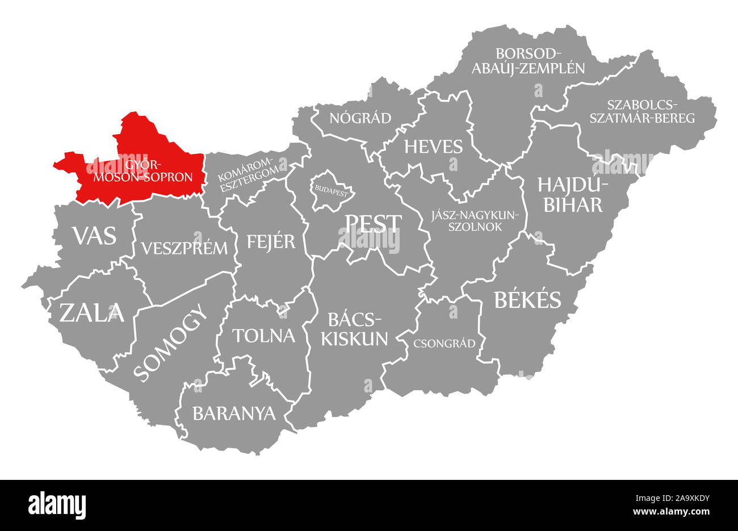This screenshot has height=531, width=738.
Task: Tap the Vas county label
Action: [94, 235]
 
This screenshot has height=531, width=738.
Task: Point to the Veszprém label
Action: [184, 248]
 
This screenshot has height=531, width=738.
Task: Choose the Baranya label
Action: [234, 413]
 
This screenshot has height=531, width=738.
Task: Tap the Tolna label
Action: [264, 335]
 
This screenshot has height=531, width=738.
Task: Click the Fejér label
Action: [271, 241]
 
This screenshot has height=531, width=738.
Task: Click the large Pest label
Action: [374, 224]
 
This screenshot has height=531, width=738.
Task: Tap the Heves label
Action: [433, 147]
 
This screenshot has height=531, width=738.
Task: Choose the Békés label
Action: [527, 300]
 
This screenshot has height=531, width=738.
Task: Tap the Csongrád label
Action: [445, 343]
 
